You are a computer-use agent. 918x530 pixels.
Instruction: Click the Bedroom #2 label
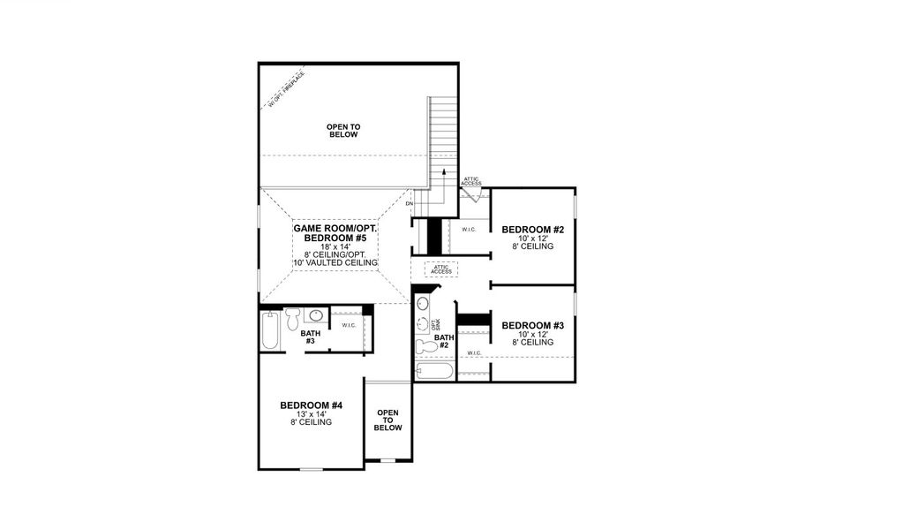click(532, 230)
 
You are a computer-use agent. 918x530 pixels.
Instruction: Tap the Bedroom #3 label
click(532, 326)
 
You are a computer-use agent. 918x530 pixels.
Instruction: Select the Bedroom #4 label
click(311, 405)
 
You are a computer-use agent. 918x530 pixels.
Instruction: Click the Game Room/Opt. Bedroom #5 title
click(335, 233)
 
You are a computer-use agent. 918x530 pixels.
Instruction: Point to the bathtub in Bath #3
click(271, 332)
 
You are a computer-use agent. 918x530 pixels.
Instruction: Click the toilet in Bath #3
click(293, 315)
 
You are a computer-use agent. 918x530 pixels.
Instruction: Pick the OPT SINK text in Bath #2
click(433, 323)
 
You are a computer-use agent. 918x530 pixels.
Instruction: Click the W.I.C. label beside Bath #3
click(349, 325)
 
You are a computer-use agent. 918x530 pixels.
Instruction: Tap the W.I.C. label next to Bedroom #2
click(468, 229)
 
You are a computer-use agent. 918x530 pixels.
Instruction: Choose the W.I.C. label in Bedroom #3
click(473, 353)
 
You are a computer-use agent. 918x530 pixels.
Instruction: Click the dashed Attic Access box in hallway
click(440, 269)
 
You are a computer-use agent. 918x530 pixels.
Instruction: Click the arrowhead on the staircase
click(444, 171)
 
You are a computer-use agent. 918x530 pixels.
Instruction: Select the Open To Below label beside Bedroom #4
click(388, 420)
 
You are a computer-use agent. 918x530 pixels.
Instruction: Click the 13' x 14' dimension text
click(311, 414)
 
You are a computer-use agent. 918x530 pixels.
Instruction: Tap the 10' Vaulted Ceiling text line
click(335, 263)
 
